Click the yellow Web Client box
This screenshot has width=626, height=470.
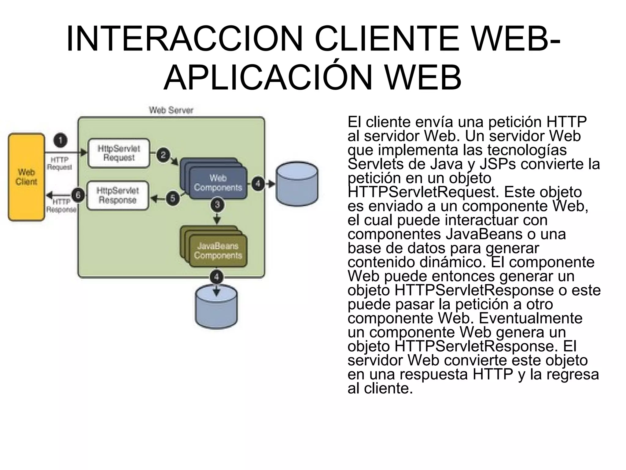coord(26,177)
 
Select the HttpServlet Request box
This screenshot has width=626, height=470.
coord(119,153)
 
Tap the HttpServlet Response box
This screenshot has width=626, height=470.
coord(118,196)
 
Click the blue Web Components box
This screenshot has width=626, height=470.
coord(218,183)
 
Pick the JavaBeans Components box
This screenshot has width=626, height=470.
coord(218,251)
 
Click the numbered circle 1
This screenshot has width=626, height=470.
coord(61,141)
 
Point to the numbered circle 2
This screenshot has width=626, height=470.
coord(163,155)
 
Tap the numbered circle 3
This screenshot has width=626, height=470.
coord(217,204)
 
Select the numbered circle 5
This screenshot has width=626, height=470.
coord(173,198)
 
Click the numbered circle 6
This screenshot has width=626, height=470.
coord(78,195)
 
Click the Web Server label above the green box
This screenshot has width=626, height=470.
coord(171,110)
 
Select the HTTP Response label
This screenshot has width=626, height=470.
coord(61,206)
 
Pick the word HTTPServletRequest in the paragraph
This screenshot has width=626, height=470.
coord(423,192)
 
